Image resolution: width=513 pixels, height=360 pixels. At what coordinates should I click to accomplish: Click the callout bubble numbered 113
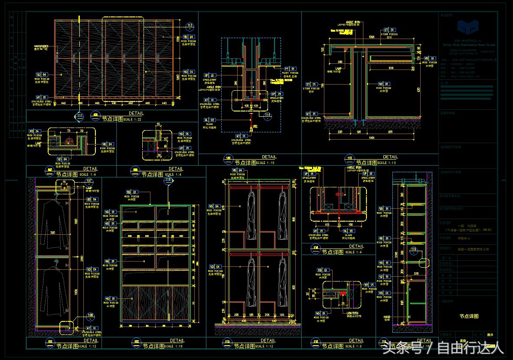pyautogui.click(x=190, y=26)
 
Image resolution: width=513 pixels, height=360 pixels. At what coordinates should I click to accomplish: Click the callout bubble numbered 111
pyautogui.click(x=80, y=116)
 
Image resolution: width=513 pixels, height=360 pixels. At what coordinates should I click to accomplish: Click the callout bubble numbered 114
pyautogui.click(x=267, y=115)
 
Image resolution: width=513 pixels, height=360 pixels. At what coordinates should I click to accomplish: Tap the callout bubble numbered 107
pyautogui.click(x=89, y=180)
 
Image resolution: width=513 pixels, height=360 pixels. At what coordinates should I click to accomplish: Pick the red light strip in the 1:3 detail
pyautogui.click(x=343, y=294)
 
